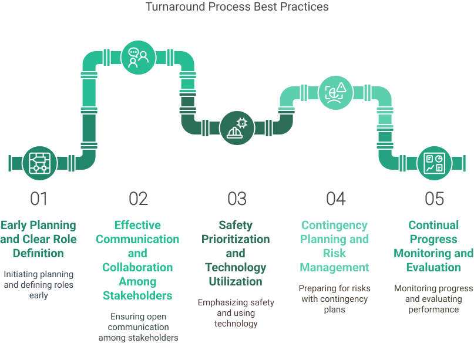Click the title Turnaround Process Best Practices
[237, 7]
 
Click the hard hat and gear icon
[237, 127]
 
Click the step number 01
[39, 199]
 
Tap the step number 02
[138, 199]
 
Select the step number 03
[237, 199]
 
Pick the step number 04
[335, 199]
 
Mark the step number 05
[434, 199]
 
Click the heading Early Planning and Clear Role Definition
[39, 239]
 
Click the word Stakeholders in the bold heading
[137, 295]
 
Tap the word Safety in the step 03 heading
[235, 225]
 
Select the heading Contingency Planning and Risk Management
[335, 246]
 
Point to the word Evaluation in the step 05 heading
[433, 267]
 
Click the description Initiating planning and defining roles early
[39, 284]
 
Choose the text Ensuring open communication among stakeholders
[138, 327]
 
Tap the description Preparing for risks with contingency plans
[335, 298]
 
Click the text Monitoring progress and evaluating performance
[433, 298]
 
